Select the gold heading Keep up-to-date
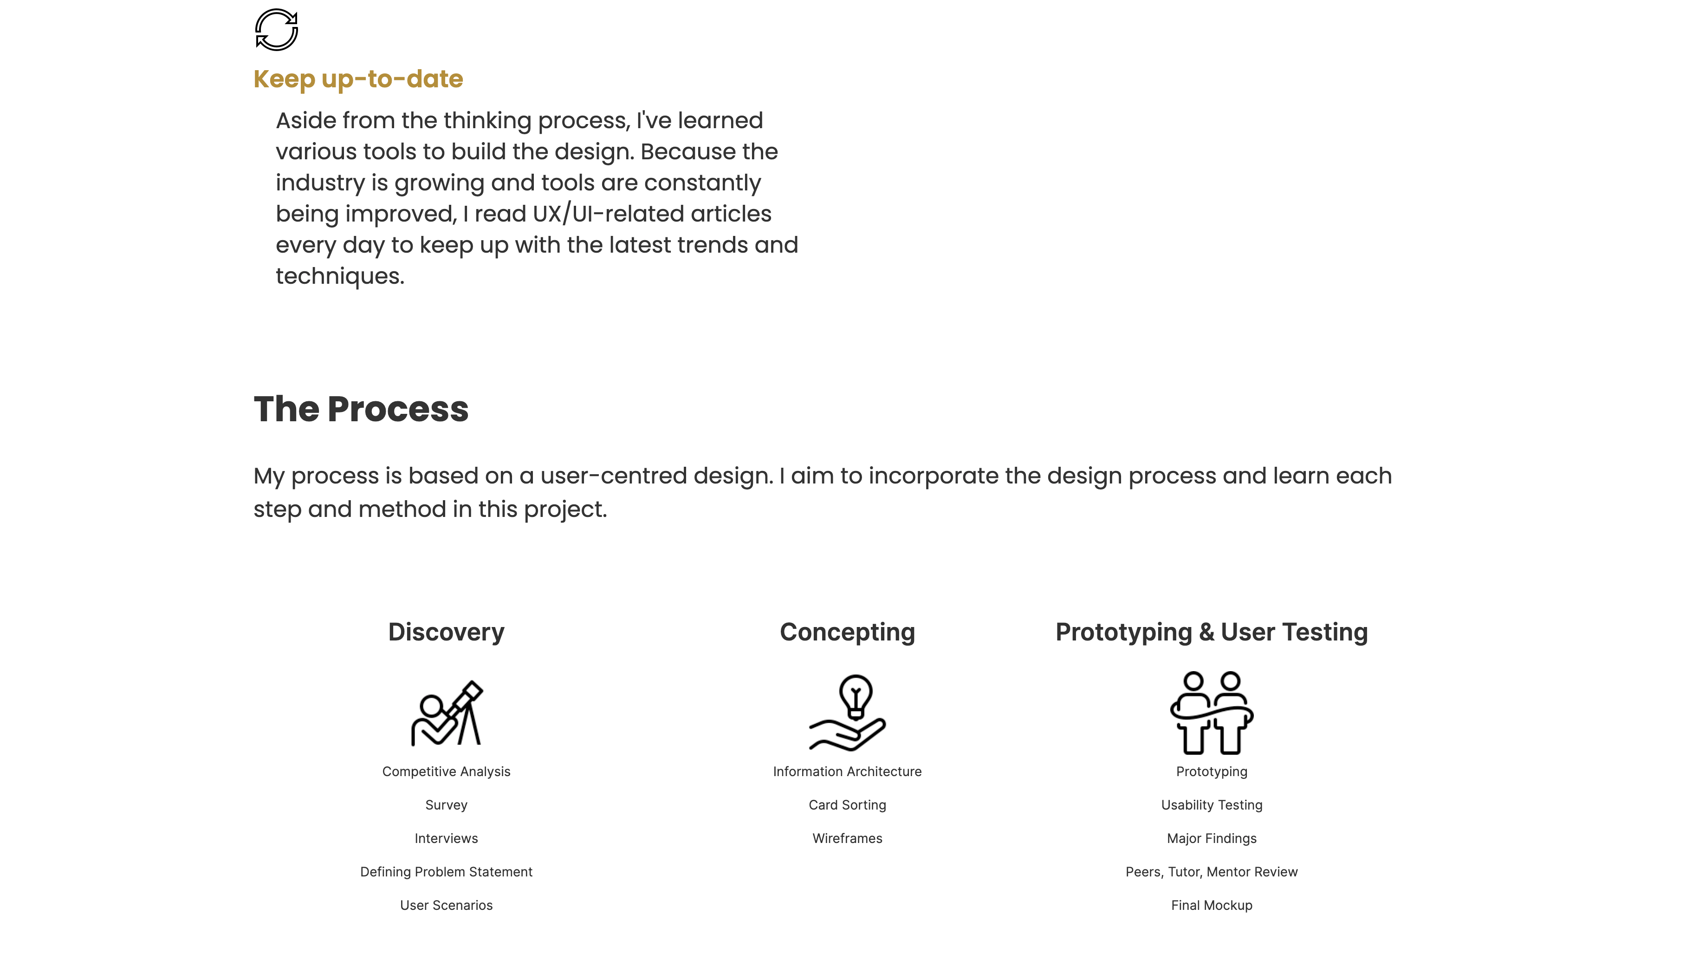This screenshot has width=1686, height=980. pyautogui.click(x=358, y=79)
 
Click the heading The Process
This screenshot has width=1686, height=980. pyautogui.click(x=361, y=409)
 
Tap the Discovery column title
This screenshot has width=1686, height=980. pyautogui.click(x=446, y=632)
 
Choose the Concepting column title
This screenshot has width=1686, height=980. pyautogui.click(x=847, y=633)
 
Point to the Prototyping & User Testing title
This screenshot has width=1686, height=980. pyautogui.click(x=1212, y=633)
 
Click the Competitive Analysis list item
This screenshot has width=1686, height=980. pyautogui.click(x=446, y=772)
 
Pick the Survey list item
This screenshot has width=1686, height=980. pyautogui.click(x=446, y=805)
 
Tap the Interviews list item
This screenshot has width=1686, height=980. pyautogui.click(x=446, y=839)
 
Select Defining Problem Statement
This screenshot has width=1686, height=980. pyautogui.click(x=446, y=872)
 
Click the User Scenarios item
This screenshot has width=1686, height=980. pyautogui.click(x=446, y=906)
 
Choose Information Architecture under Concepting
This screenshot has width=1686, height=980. pyautogui.click(x=847, y=772)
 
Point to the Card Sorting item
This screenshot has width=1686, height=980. pyautogui.click(x=847, y=805)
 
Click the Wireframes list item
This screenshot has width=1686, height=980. pyautogui.click(x=847, y=839)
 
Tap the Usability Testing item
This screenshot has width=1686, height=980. pyautogui.click(x=1212, y=805)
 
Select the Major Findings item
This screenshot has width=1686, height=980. pyautogui.click(x=1212, y=839)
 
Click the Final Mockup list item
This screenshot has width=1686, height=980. pyautogui.click(x=1212, y=906)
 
